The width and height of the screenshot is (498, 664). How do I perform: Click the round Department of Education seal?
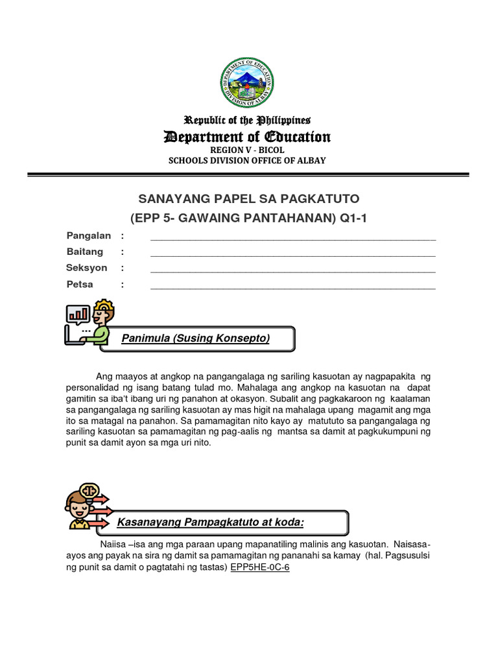(247, 82)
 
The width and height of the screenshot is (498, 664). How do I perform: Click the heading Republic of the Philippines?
(248, 121)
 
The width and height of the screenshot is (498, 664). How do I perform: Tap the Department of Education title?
(247, 137)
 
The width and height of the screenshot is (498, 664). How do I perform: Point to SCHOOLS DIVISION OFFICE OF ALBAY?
(248, 161)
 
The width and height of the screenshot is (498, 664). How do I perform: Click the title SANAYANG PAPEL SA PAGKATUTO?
(250, 198)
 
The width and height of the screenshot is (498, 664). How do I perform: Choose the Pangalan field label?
(89, 235)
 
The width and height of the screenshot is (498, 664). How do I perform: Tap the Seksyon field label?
(87, 268)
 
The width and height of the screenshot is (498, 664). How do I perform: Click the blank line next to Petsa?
(293, 286)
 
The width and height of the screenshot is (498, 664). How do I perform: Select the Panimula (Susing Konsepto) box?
(197, 338)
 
